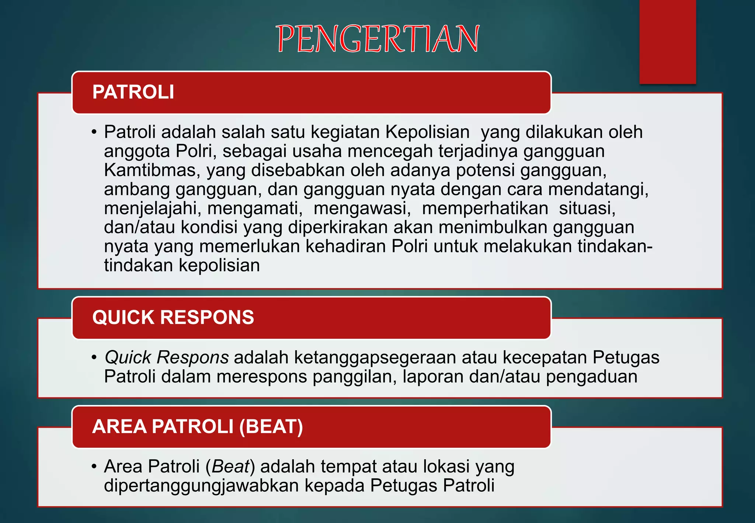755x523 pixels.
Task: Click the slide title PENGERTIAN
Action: coord(377,39)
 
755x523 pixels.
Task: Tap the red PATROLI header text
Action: coord(133,92)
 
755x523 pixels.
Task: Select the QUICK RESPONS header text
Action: coord(173,317)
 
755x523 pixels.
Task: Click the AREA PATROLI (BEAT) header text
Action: coord(198,426)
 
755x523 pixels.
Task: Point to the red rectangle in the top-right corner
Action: coord(668,41)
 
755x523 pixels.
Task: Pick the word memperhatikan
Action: coord(485,208)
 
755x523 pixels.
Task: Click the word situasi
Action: coord(587,208)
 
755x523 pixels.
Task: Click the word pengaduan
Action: coord(592,377)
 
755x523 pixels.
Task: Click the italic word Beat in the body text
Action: coord(231,467)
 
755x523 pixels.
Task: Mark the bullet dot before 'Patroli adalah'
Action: coord(94,132)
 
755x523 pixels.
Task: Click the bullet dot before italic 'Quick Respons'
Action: coord(94,357)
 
